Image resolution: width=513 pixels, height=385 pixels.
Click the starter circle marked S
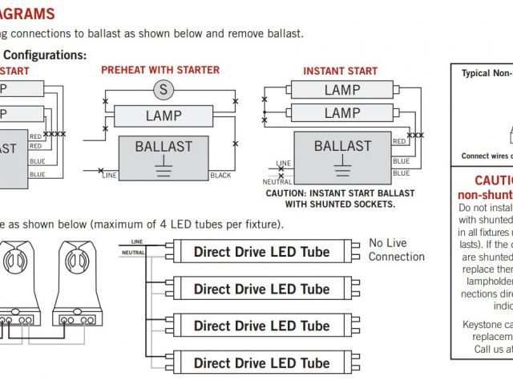click(x=164, y=90)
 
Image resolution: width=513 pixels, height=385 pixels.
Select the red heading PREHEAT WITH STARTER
click(x=160, y=71)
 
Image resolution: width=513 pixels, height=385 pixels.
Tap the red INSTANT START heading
click(x=341, y=71)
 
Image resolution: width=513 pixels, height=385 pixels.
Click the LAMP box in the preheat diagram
click(x=164, y=116)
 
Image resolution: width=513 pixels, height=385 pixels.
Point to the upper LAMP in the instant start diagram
click(x=342, y=90)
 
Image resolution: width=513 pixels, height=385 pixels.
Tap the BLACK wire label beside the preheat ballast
click(x=220, y=175)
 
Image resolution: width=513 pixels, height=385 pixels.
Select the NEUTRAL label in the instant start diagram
click(x=277, y=182)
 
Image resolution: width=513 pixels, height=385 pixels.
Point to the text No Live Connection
click(x=396, y=249)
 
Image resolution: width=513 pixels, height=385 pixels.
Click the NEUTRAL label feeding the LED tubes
click(x=133, y=253)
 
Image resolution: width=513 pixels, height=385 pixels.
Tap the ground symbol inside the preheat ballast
click(x=164, y=168)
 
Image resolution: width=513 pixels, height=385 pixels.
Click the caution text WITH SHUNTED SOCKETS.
click(x=341, y=205)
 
